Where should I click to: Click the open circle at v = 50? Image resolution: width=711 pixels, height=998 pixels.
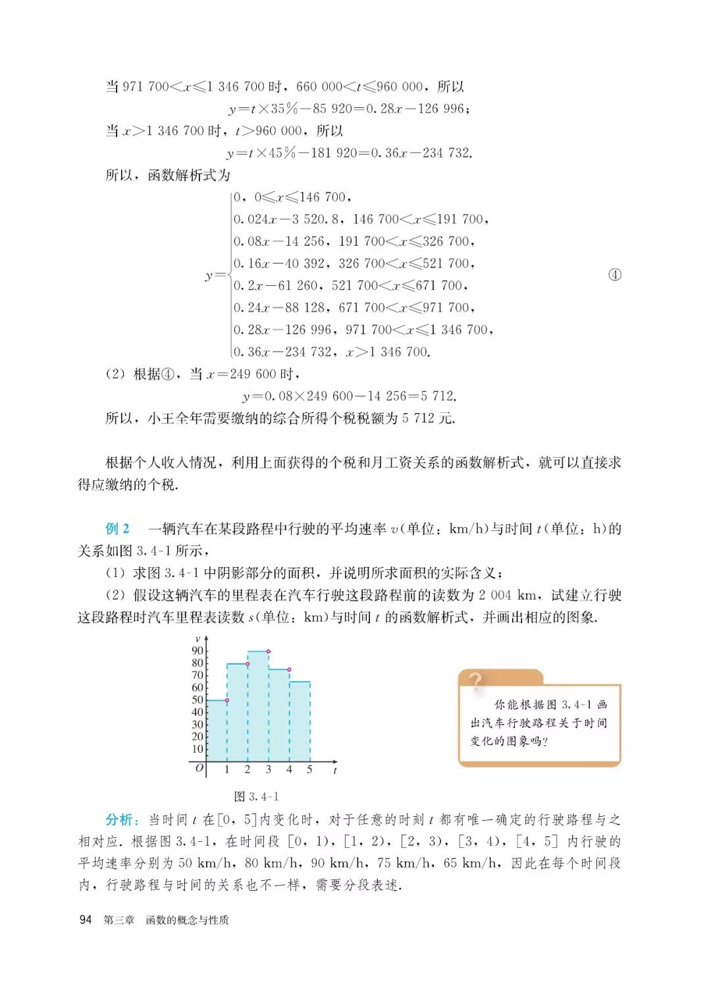click(227, 700)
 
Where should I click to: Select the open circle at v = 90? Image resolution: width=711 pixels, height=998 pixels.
click(269, 651)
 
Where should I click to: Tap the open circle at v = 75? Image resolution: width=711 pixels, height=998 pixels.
click(289, 670)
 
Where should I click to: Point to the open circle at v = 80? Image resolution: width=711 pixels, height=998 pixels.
click(248, 663)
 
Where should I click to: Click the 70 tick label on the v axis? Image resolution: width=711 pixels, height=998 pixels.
click(197, 675)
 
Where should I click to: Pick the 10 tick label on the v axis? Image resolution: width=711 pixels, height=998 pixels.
click(197, 749)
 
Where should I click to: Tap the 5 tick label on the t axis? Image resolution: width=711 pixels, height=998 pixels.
click(309, 769)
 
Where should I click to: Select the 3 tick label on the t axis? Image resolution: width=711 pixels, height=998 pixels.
click(268, 769)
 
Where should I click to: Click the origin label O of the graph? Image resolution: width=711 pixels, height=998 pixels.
click(199, 768)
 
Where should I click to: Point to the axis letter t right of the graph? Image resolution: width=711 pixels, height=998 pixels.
click(335, 770)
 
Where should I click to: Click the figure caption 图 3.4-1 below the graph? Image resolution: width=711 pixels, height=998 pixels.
click(257, 796)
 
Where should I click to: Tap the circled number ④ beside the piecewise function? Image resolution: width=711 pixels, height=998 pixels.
click(614, 275)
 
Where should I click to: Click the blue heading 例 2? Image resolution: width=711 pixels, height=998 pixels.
click(118, 528)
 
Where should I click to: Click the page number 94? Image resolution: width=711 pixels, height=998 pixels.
click(86, 920)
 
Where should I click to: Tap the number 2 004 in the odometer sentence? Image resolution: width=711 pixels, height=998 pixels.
click(495, 596)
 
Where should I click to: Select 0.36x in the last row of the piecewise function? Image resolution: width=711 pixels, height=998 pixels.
click(251, 352)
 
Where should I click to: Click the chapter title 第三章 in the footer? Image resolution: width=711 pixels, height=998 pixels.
click(118, 920)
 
